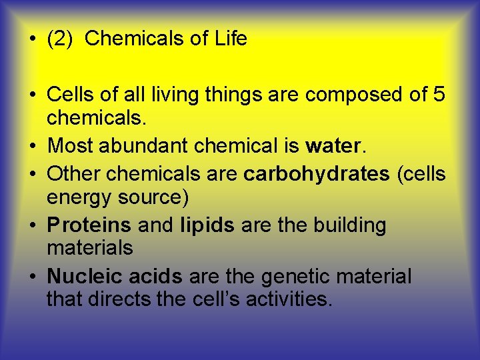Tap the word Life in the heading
[x=231, y=39]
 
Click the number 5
[x=438, y=95]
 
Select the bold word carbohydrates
[x=317, y=174]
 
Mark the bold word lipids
[x=207, y=225]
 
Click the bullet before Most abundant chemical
[x=32, y=145]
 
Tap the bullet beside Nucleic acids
[x=32, y=277]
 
